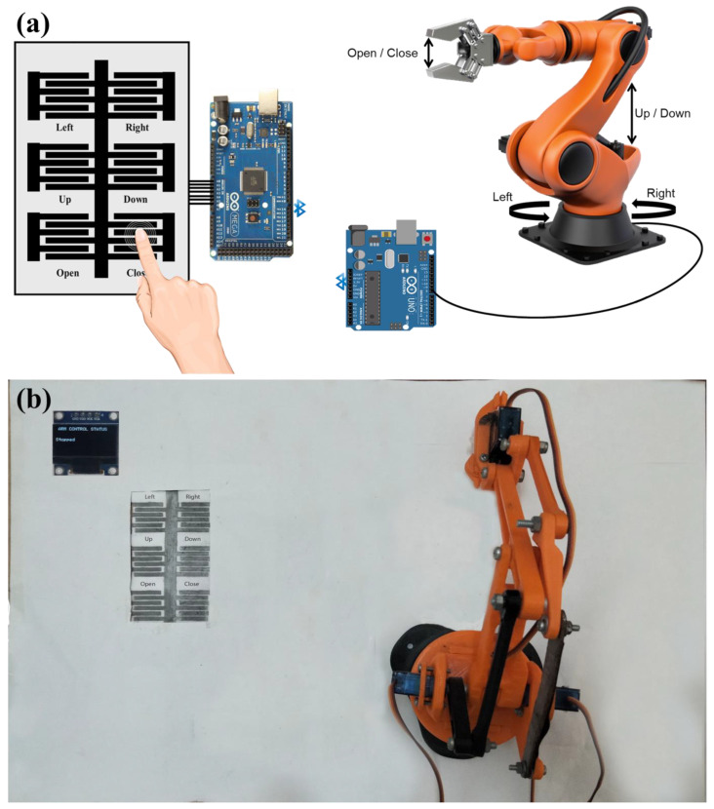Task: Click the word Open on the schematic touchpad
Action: tap(67, 273)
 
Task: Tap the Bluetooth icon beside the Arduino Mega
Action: tap(301, 208)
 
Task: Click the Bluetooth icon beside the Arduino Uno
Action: tap(340, 283)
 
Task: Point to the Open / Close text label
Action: tap(382, 53)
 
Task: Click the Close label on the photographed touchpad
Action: tap(191, 584)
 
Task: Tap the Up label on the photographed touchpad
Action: tap(148, 539)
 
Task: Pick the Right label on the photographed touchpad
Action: tap(191, 497)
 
